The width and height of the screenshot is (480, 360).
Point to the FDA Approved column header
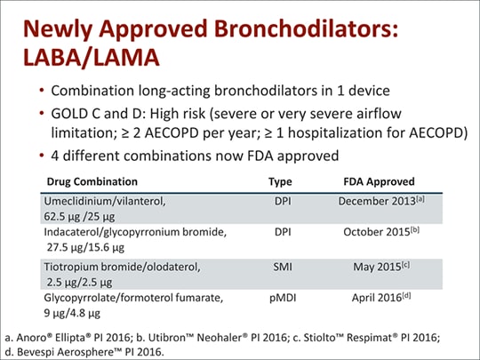[378, 180]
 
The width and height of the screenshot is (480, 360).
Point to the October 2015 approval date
[377, 232]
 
